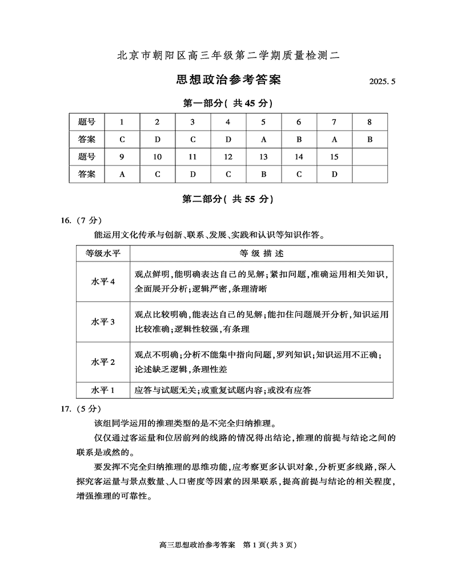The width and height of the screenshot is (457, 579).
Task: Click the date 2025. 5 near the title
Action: pos(383,82)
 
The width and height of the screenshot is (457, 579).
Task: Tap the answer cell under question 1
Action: pos(122,139)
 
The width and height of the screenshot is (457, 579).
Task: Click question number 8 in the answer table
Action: pos(370,122)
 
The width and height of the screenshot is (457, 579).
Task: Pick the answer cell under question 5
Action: pos(263,139)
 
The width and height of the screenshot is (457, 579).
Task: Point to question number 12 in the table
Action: pos(228,156)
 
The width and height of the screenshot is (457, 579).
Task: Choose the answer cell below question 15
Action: pos(334,174)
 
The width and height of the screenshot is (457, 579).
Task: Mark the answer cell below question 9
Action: pos(122,174)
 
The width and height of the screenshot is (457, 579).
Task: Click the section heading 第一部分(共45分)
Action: pos(227,103)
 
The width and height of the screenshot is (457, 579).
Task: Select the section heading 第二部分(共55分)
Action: pos(227,199)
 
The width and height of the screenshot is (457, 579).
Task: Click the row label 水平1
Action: pos(103,390)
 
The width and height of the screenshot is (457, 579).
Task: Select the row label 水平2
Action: pos(103,362)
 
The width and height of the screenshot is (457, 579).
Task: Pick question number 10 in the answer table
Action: pos(158,156)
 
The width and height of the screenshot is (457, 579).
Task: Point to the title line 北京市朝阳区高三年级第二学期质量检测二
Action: pos(228,55)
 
